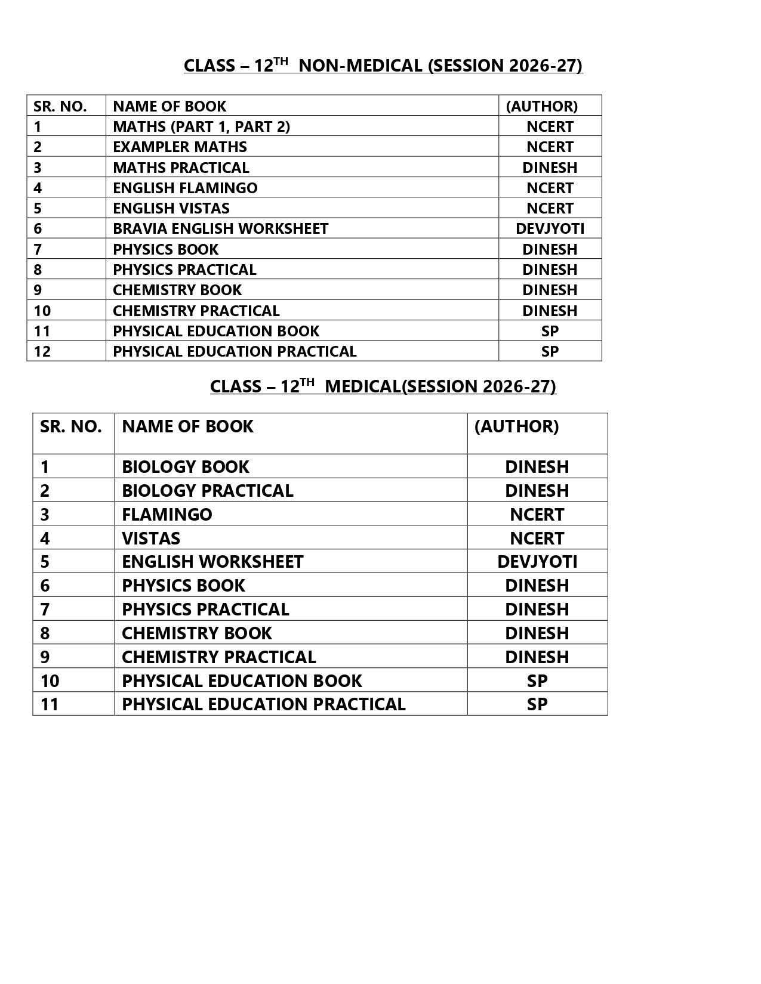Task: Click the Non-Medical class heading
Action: pos(383,66)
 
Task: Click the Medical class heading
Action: pos(383,386)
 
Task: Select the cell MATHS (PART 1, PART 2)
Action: pos(201,126)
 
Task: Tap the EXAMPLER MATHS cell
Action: pos(180,147)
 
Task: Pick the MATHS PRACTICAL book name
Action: pos(181,168)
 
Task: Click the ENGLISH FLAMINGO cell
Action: pos(185,188)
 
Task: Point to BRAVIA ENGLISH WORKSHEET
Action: pos(220,228)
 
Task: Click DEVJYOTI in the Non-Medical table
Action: pos(550,228)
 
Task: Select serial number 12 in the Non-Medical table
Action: pos(42,351)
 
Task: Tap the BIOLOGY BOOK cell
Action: pos(185,466)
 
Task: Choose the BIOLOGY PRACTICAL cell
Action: pos(207,490)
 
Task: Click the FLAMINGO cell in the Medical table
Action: pos(167,514)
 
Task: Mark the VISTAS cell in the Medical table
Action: pos(151,538)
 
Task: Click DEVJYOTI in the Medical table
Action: pos(537,562)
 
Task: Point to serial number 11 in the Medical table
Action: pos(50,704)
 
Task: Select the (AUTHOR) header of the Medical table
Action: pos(516,426)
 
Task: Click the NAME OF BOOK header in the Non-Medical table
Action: pos(170,106)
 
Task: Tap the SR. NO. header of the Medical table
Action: pos(71,426)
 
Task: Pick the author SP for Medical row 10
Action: pos(537,680)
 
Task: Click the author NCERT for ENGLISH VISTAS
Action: pos(550,208)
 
